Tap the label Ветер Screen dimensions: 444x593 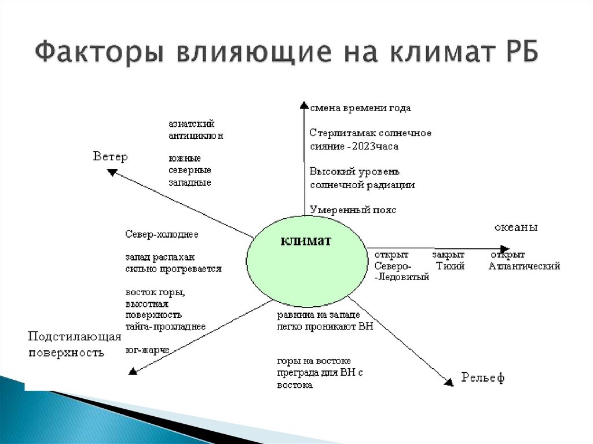point(110,157)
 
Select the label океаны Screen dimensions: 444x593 point(515,227)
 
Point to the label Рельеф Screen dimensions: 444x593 point(482,378)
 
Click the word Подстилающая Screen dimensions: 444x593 point(75,337)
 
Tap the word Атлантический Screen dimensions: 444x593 point(524,266)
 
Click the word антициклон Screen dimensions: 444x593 point(196,136)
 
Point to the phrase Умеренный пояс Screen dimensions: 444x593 point(353,210)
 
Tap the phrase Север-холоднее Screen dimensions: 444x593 point(162,235)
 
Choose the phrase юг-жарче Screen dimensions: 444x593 point(147,350)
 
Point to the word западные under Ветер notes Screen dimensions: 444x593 point(189,183)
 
